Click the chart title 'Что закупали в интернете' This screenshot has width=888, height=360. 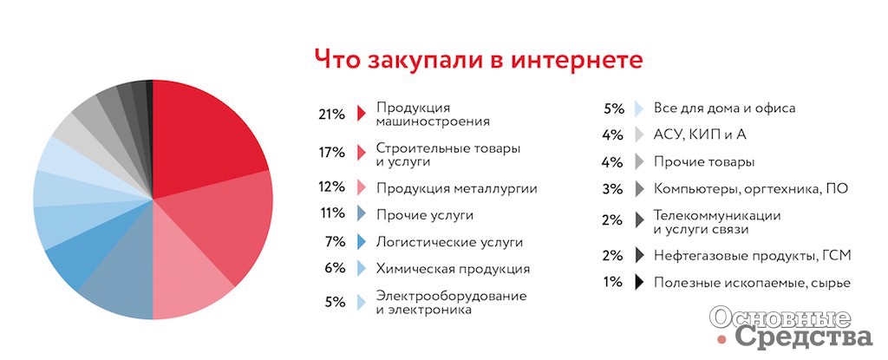[479, 60]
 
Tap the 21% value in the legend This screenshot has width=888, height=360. [331, 115]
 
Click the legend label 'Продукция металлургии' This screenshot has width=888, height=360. [456, 188]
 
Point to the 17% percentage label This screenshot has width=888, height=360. [331, 153]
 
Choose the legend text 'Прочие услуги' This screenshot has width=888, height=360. [424, 215]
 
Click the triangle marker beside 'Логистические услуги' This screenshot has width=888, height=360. [362, 242]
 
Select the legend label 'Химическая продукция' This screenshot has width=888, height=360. [453, 269]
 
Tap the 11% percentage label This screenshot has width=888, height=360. [332, 213]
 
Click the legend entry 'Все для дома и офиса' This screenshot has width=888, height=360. [724, 108]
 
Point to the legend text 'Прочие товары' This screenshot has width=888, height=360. [704, 162]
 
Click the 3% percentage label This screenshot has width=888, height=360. [612, 189]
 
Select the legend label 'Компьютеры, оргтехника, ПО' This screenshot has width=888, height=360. [751, 189]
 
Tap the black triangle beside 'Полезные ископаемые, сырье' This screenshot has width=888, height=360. [639, 282]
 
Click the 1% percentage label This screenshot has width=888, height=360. [613, 281]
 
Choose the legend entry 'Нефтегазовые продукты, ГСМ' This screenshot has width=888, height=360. [752, 256]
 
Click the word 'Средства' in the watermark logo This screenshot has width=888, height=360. [804, 338]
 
